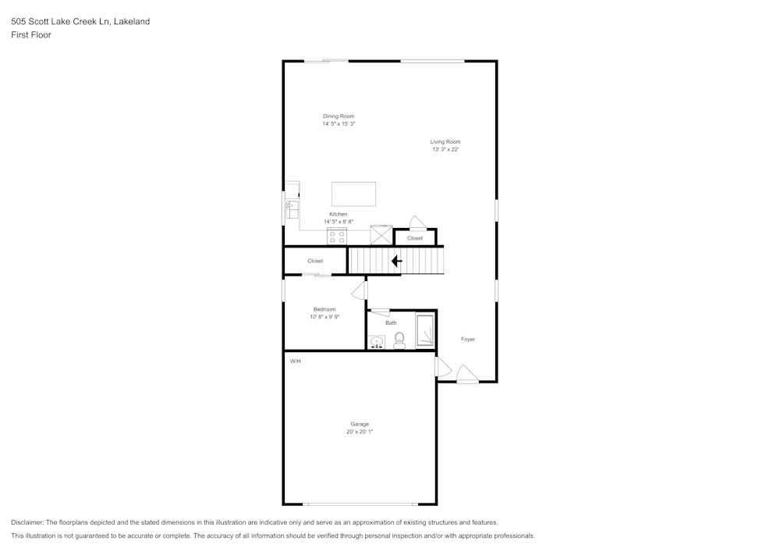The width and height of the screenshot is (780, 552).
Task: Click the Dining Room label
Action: [x=339, y=116]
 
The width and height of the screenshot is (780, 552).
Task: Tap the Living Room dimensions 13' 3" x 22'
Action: [x=445, y=149]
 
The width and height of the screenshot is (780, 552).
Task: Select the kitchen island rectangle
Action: [x=353, y=194]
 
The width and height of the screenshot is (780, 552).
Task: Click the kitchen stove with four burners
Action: [x=337, y=237]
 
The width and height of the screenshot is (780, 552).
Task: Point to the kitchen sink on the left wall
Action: [x=292, y=209]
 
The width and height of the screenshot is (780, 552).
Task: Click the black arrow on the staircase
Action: [x=396, y=261]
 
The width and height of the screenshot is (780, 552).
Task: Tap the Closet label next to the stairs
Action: [x=315, y=261]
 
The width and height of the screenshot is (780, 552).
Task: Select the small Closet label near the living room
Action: [x=415, y=238]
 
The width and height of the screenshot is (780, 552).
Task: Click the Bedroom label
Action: [x=324, y=309]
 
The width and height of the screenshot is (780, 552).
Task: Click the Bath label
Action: [x=391, y=323]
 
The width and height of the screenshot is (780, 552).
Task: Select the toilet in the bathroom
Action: [x=399, y=340]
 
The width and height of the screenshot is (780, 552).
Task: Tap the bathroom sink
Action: [x=377, y=342]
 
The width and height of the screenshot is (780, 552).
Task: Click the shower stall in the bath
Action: [x=425, y=330]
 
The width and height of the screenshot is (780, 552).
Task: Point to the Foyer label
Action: [x=467, y=339]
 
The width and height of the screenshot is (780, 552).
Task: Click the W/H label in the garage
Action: [x=296, y=361]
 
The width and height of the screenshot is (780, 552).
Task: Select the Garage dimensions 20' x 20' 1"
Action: [x=360, y=432]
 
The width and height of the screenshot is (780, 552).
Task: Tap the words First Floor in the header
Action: [x=31, y=35]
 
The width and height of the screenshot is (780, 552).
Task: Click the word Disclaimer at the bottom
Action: [x=27, y=522]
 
